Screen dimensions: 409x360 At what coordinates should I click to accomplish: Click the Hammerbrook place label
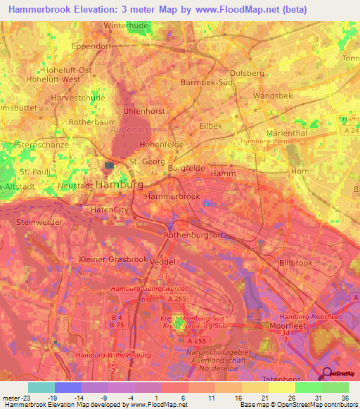pos(172,197)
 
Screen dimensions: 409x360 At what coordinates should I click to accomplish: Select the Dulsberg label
pos(247,72)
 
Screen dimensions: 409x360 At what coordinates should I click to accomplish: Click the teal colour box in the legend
pos(41,387)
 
